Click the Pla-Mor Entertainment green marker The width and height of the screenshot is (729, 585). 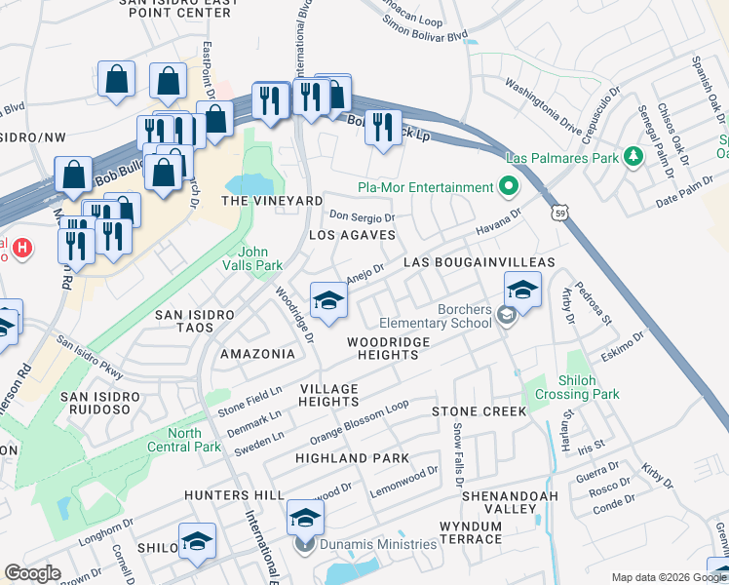click(x=507, y=186)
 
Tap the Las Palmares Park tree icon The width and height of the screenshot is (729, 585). click(x=633, y=156)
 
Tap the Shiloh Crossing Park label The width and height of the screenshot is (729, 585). click(x=584, y=388)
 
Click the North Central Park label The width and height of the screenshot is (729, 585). click(x=198, y=441)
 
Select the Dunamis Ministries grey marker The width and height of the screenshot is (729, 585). click(x=305, y=544)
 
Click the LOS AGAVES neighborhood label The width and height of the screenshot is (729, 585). click(x=352, y=235)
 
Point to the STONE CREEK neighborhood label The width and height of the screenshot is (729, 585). click(x=480, y=411)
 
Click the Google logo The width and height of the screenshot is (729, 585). click(x=32, y=573)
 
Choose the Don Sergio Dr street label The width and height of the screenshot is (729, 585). click(x=363, y=217)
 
